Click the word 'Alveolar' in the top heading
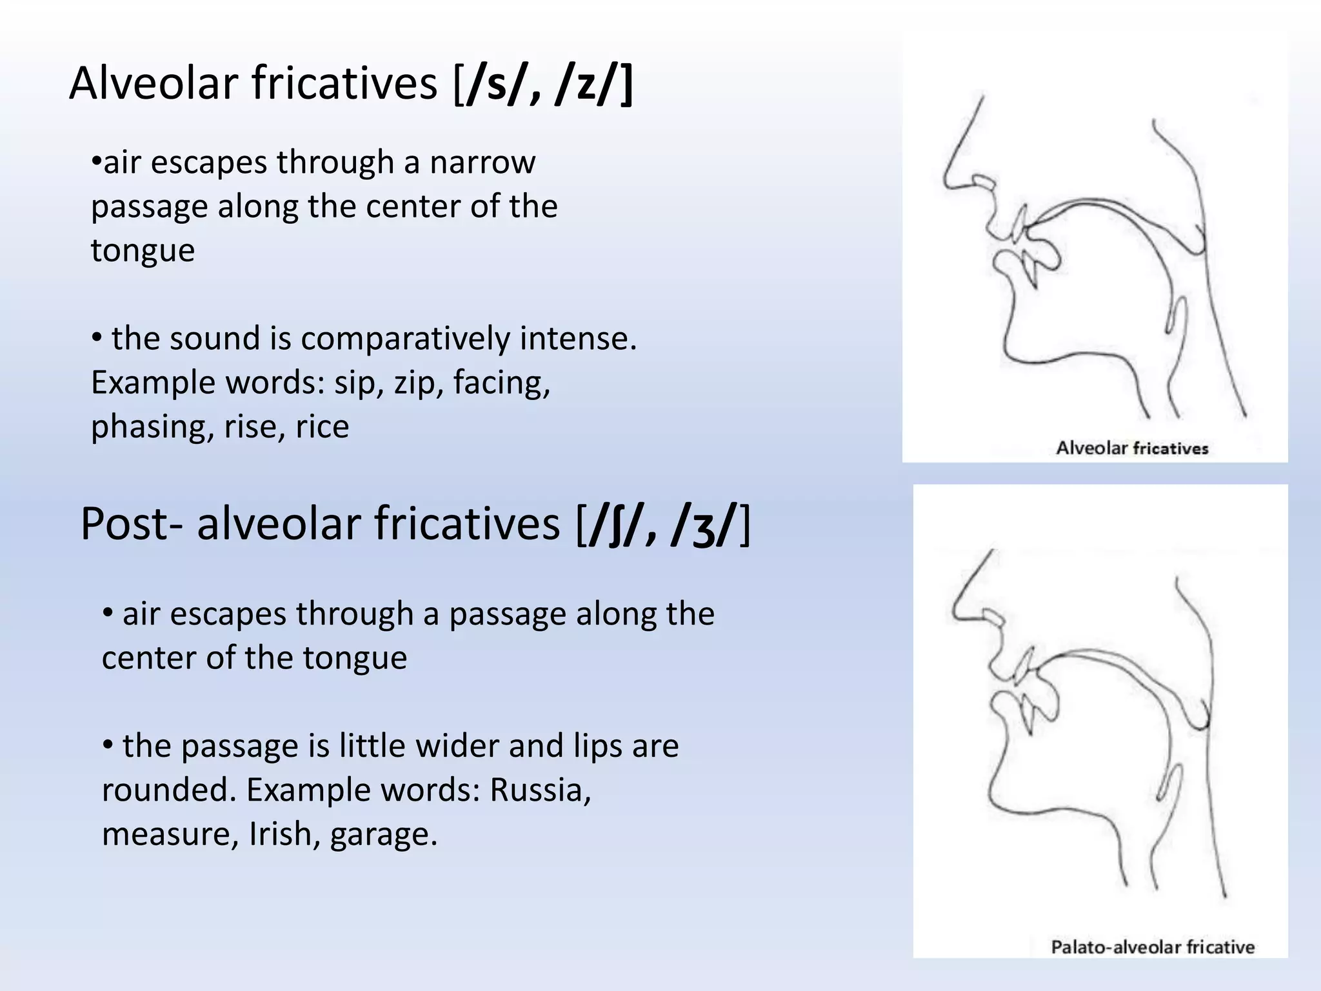tap(154, 84)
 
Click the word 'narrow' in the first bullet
tap(482, 163)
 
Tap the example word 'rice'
tap(322, 427)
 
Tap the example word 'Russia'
tap(539, 790)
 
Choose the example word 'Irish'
tap(284, 834)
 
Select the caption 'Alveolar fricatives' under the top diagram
tap(1131, 448)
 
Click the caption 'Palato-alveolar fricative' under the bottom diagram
tap(1153, 947)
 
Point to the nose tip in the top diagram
tap(947, 181)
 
